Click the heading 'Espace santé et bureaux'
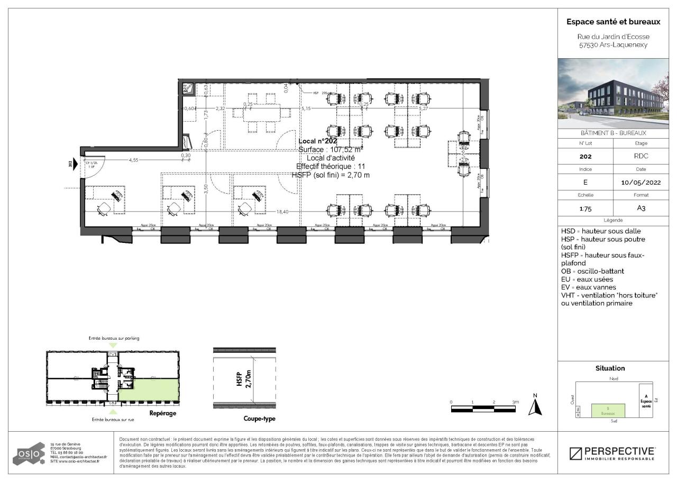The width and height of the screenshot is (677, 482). (613, 22)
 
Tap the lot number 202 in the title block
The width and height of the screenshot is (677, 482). (585, 157)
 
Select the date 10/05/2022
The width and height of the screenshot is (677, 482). (641, 183)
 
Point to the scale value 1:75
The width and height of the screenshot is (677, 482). (585, 208)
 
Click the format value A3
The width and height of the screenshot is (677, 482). (641, 208)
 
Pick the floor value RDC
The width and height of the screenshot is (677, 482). (641, 157)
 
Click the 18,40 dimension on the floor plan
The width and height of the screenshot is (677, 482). (283, 212)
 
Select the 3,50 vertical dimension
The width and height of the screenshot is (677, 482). (206, 187)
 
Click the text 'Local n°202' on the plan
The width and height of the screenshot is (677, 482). (317, 141)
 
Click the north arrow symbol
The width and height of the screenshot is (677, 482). (536, 406)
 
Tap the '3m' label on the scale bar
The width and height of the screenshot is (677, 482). (516, 402)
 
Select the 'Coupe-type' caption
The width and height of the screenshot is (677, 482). (259, 419)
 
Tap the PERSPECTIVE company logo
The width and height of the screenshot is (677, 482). (612, 453)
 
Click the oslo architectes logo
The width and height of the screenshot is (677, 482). (29, 454)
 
